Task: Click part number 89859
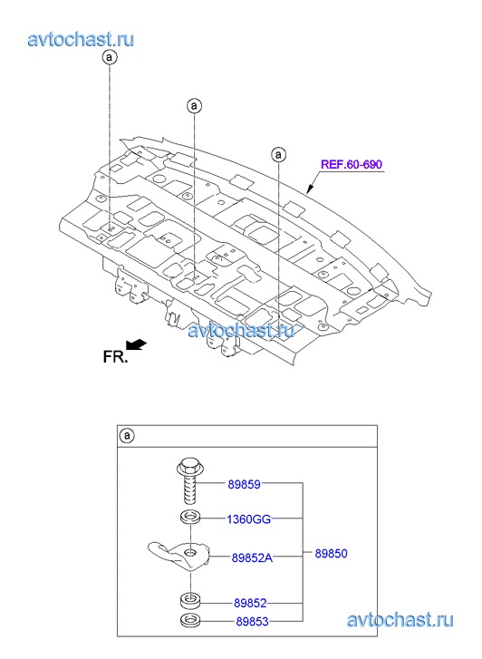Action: coord(244,484)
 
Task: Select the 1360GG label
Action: coord(249,519)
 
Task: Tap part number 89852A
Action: coord(252,557)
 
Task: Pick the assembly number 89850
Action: coord(331,554)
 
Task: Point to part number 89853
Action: coord(252,621)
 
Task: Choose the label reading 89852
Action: coord(250,603)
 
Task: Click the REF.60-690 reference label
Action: coord(352,164)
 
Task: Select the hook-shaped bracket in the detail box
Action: coord(179,556)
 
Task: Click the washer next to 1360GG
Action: coord(190,518)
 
